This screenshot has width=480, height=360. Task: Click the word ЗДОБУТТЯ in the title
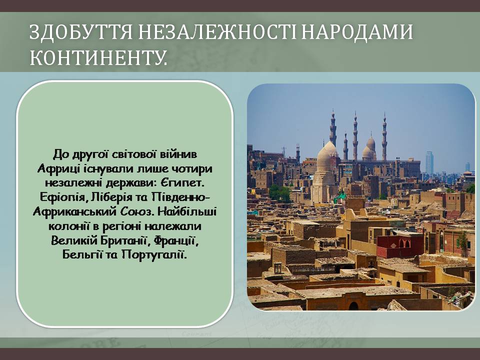point(81,32)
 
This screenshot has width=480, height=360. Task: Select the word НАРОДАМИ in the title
point(357,32)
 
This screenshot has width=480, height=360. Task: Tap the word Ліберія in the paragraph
point(111,196)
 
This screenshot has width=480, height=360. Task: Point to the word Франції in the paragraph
point(176,240)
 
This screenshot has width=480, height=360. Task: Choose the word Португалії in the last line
point(154,254)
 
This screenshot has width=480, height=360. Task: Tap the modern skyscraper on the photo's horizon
point(429,162)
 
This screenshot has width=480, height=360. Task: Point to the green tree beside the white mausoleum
point(280,193)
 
